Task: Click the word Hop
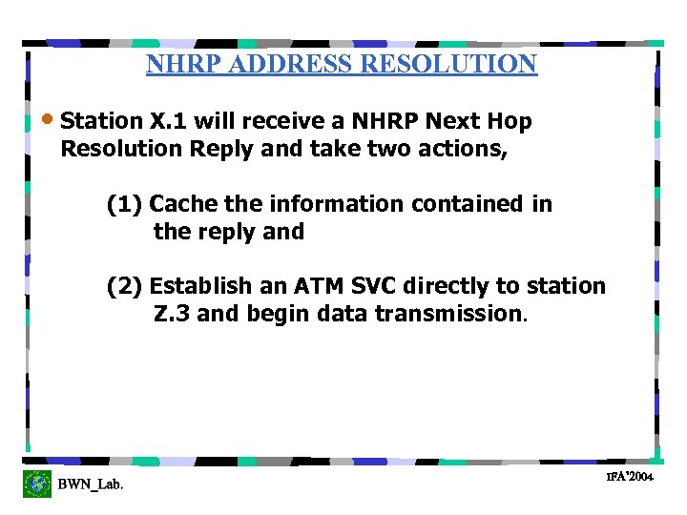click(510, 121)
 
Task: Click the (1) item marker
click(125, 204)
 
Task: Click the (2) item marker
click(125, 286)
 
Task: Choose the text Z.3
click(172, 314)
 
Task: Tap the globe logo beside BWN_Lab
click(37, 484)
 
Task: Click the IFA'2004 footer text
click(629, 475)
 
